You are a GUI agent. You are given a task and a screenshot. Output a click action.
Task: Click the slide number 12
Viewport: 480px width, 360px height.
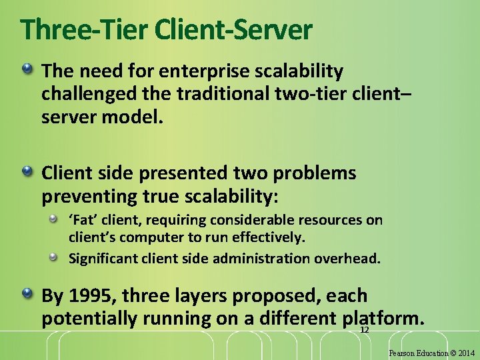tap(365, 331)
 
